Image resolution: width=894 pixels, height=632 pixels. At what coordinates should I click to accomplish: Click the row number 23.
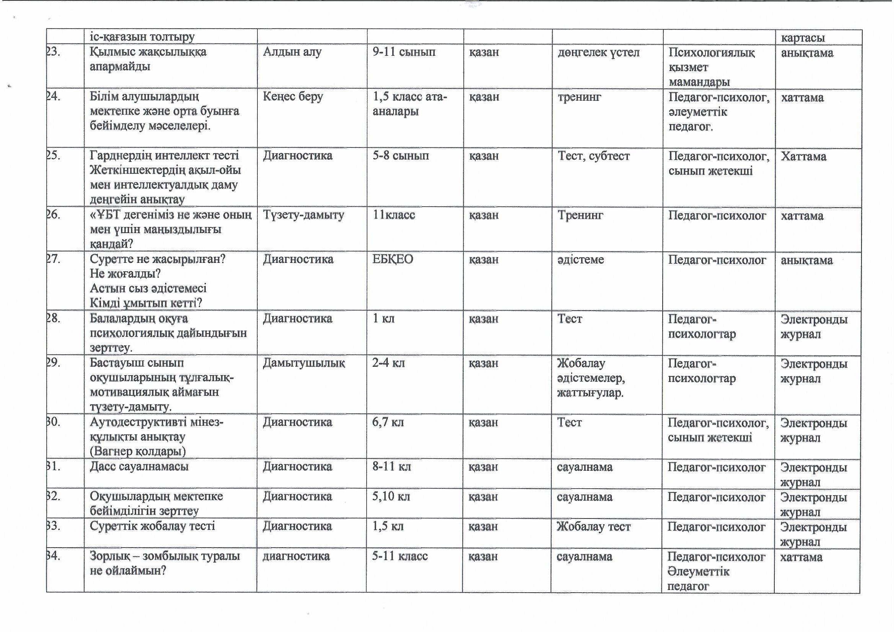(54, 52)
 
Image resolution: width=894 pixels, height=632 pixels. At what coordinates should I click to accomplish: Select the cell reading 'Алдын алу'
(292, 52)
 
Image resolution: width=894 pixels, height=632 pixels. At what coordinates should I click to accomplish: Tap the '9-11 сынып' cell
(404, 52)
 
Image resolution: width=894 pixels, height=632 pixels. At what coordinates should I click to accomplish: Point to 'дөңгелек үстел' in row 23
(598, 52)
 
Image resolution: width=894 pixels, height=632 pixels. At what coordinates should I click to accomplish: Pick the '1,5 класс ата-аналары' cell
(410, 104)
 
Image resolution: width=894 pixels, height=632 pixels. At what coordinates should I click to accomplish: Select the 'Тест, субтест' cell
(593, 156)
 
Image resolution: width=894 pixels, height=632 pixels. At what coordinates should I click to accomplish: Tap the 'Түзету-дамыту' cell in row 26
(303, 215)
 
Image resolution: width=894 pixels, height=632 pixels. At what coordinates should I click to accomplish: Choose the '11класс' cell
(393, 215)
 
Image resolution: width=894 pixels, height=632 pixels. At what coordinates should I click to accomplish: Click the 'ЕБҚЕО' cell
(392, 259)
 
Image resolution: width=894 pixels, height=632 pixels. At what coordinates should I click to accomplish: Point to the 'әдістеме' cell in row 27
(580, 259)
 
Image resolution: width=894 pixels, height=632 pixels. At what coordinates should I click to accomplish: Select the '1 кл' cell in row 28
(384, 319)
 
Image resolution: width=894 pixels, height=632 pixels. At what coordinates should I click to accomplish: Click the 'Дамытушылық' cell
(304, 363)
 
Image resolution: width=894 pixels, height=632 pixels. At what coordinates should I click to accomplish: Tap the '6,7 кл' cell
(388, 422)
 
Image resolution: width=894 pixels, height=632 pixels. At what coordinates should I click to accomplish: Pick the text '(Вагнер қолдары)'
(138, 451)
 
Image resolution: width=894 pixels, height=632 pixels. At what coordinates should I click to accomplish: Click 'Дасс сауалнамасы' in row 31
(139, 466)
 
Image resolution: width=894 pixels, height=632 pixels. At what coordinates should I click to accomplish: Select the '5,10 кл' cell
(391, 497)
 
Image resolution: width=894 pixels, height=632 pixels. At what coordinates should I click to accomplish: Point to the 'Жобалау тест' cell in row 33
(593, 527)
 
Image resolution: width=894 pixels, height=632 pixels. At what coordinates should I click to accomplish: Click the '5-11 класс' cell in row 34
(400, 556)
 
